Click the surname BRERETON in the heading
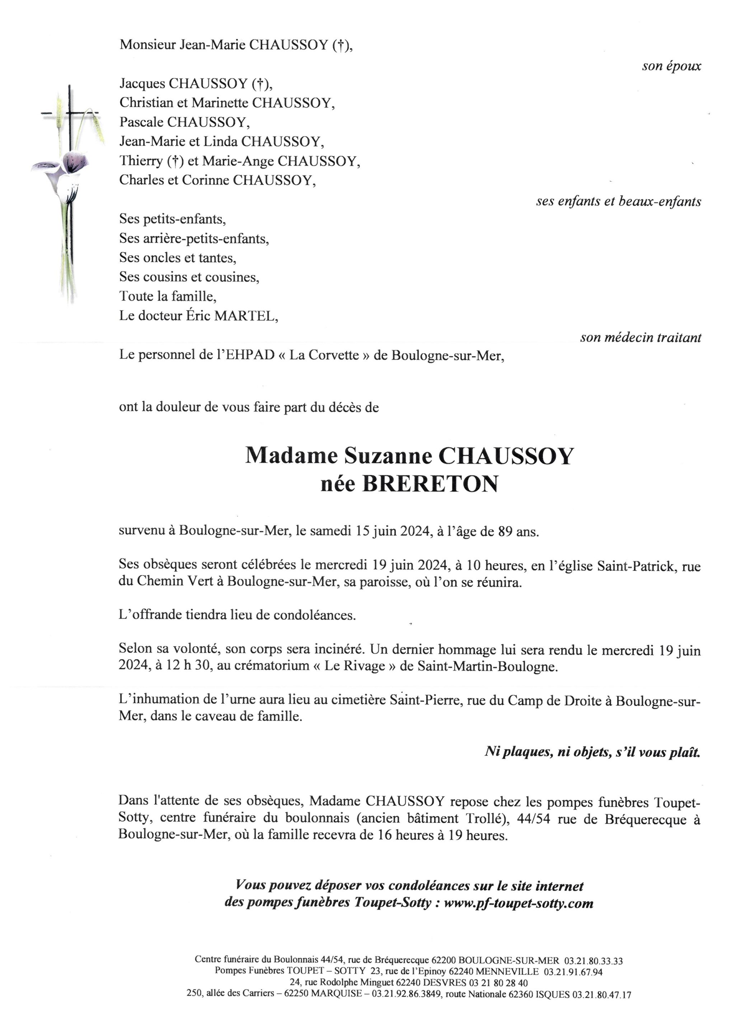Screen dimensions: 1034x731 click(430, 484)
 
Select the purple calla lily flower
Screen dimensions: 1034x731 click(74, 162)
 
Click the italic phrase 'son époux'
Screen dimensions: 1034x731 click(671, 66)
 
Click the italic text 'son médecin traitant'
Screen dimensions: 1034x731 click(641, 337)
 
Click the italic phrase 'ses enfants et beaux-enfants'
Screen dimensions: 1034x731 click(618, 201)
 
